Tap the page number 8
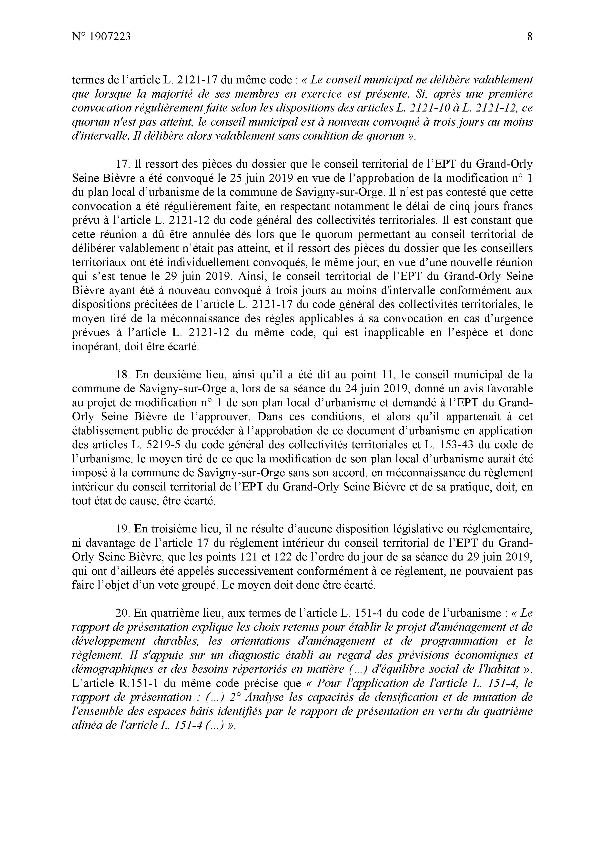530,37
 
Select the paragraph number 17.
122,164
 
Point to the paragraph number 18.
122,374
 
